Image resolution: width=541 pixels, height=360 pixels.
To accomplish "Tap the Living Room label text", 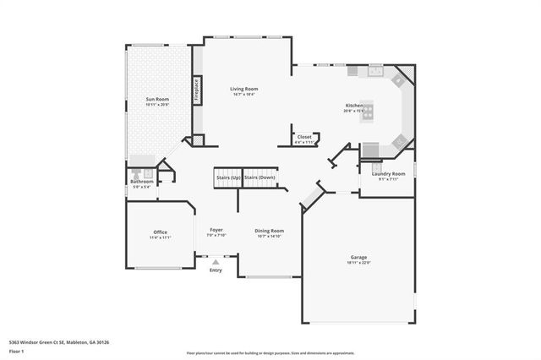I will click(244, 88).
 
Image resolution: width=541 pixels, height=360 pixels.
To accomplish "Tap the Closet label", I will click(304, 136).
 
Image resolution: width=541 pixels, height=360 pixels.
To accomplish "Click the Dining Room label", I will click(269, 230).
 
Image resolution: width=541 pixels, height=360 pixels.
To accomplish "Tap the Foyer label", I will click(216, 230).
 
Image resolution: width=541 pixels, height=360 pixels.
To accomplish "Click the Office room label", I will click(161, 232).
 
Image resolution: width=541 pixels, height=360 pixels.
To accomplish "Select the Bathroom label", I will click(141, 181).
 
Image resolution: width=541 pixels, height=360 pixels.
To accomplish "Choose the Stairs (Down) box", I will click(260, 177).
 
